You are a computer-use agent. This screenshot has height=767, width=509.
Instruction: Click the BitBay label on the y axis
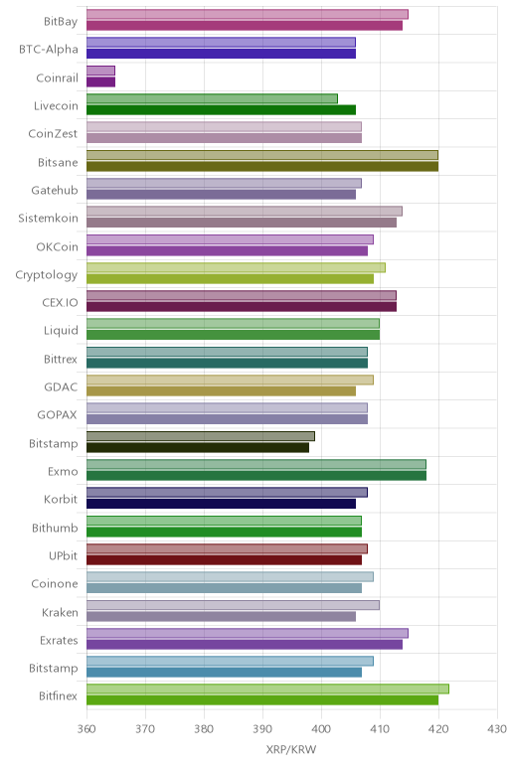coord(61,22)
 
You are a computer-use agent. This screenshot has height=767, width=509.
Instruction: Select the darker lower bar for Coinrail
coord(100,82)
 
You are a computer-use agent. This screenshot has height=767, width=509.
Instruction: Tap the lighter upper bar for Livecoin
coord(212,98)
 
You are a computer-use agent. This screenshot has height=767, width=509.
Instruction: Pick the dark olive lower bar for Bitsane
coord(262,166)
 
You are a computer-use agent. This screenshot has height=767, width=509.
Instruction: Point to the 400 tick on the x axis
coord(321,729)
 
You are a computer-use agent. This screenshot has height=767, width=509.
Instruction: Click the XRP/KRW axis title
coord(291,749)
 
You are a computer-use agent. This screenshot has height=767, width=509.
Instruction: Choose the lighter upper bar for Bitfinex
coord(267,689)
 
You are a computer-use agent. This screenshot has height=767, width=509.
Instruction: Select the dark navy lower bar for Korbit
coord(222,504)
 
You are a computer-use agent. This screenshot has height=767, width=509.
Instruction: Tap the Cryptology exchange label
coord(47,275)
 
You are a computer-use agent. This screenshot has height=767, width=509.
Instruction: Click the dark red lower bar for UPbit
coord(224,560)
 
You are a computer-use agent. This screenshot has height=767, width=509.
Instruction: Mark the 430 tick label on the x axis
coord(497,729)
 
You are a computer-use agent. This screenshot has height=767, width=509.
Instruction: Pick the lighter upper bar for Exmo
coord(256,464)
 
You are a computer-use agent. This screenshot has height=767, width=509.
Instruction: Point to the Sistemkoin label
coord(48,219)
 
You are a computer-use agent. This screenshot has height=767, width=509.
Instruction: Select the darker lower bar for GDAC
coord(222,391)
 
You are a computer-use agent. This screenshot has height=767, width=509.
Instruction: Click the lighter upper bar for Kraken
coord(233,605)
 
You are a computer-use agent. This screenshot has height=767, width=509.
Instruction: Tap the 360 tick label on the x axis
coord(86,729)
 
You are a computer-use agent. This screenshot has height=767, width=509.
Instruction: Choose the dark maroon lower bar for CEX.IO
coord(242,307)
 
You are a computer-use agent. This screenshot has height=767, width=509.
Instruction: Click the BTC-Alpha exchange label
coord(49,50)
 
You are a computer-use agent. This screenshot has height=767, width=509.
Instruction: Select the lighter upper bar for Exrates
coord(248,634)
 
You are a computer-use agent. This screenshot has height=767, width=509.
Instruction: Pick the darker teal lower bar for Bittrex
coord(227,363)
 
